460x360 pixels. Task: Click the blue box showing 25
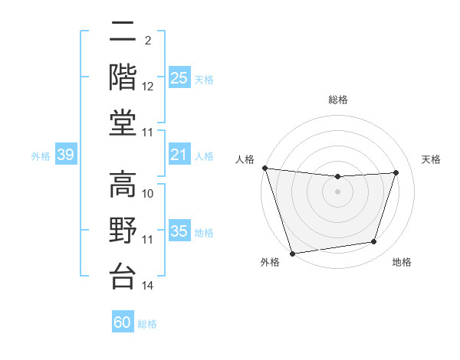point(179,77)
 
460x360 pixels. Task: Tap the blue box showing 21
point(179,155)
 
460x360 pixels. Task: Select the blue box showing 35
point(179,232)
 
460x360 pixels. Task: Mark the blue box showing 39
point(65,155)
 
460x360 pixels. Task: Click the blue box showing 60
point(123,322)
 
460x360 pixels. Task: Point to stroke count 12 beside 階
point(148,87)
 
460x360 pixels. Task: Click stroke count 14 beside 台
point(148,286)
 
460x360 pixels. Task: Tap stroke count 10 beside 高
point(148,194)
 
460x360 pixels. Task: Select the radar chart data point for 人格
point(264,168)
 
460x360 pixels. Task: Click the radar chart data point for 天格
point(396,172)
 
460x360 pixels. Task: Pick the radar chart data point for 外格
point(292,253)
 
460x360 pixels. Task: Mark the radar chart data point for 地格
point(374,242)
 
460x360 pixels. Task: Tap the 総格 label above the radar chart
point(337,100)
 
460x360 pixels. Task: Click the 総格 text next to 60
point(148,324)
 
